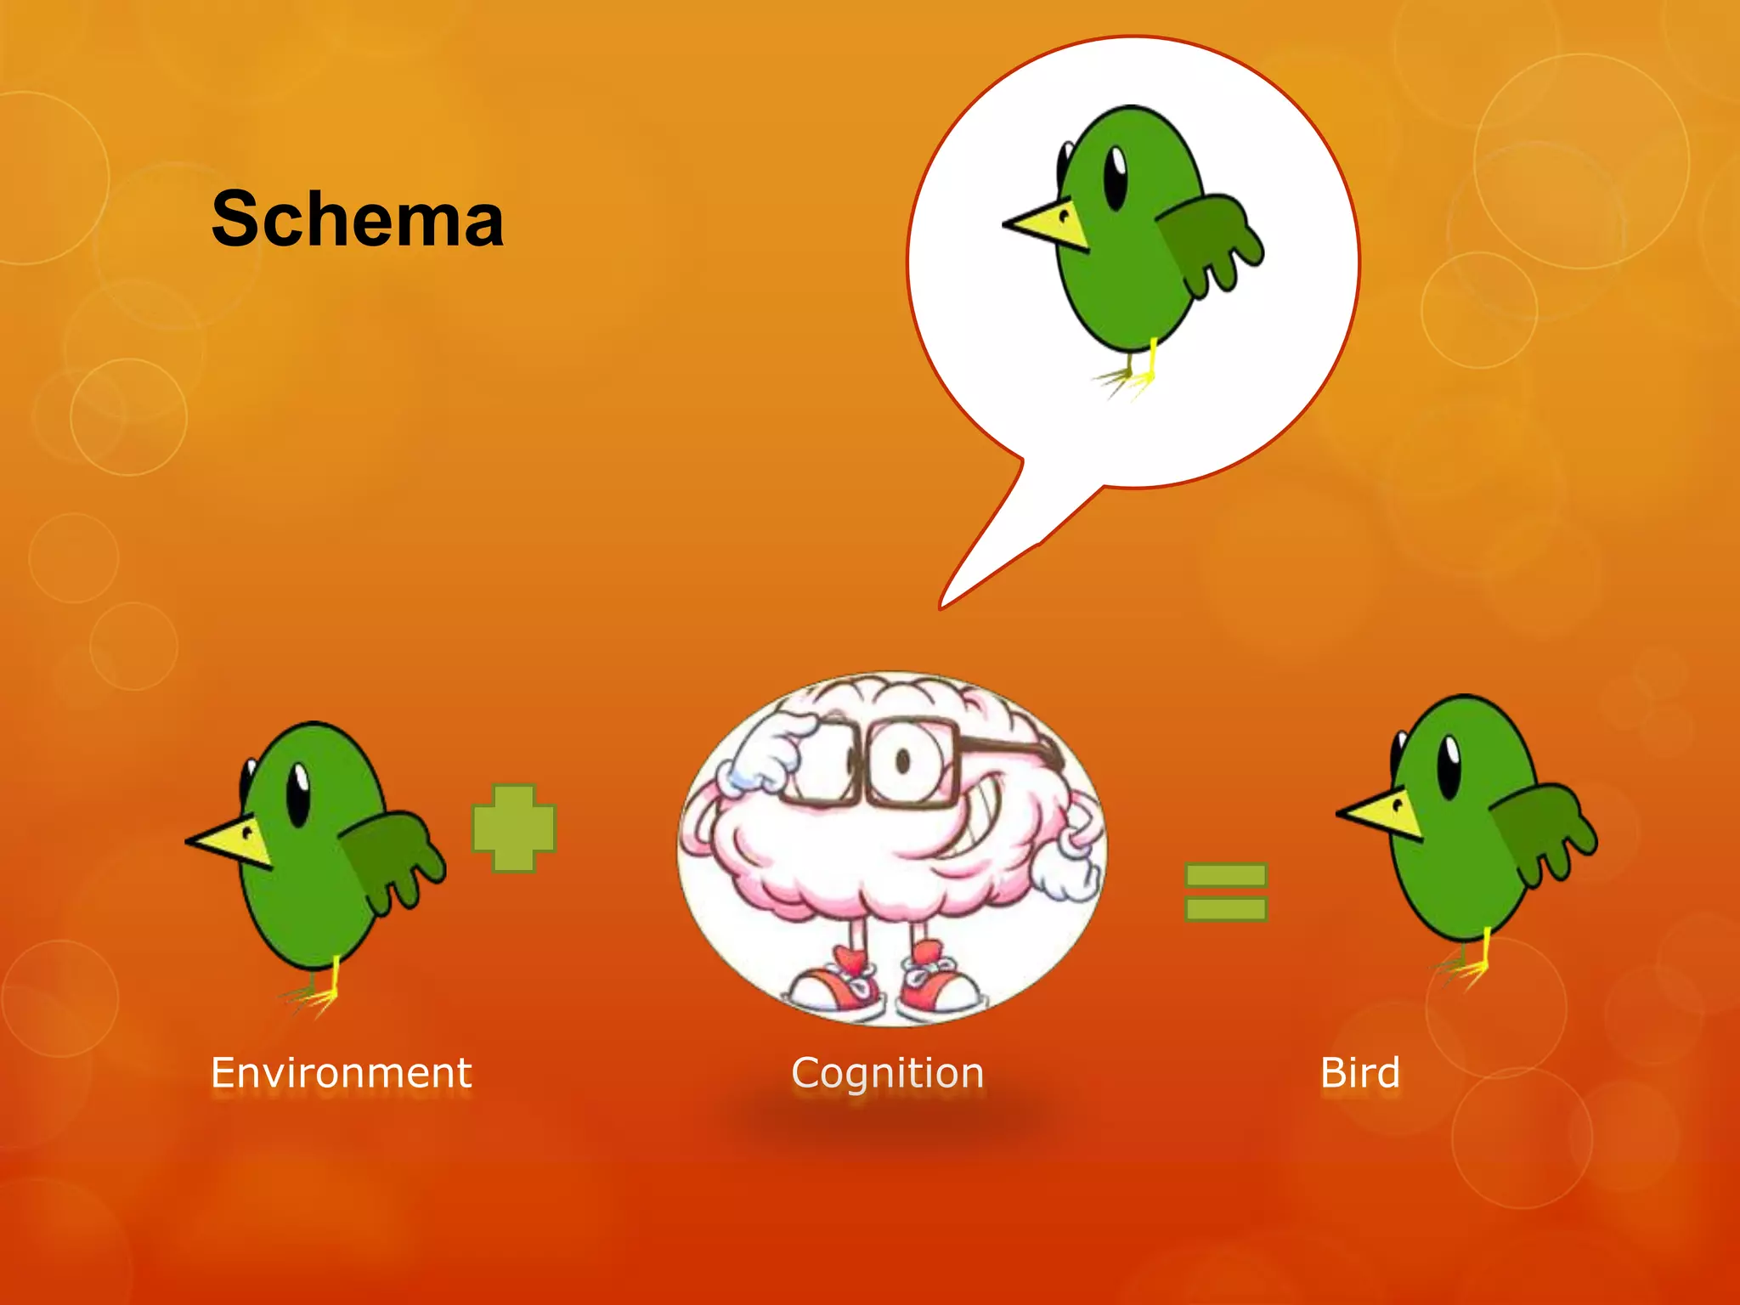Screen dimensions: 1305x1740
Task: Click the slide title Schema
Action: (358, 219)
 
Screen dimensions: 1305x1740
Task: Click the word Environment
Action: (341, 1072)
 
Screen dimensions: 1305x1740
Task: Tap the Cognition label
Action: (888, 1073)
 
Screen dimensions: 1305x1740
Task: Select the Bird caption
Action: (1360, 1072)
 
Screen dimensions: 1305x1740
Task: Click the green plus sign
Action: (514, 828)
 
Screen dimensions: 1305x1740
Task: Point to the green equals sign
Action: (1225, 892)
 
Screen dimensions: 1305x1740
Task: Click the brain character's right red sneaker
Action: (938, 986)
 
